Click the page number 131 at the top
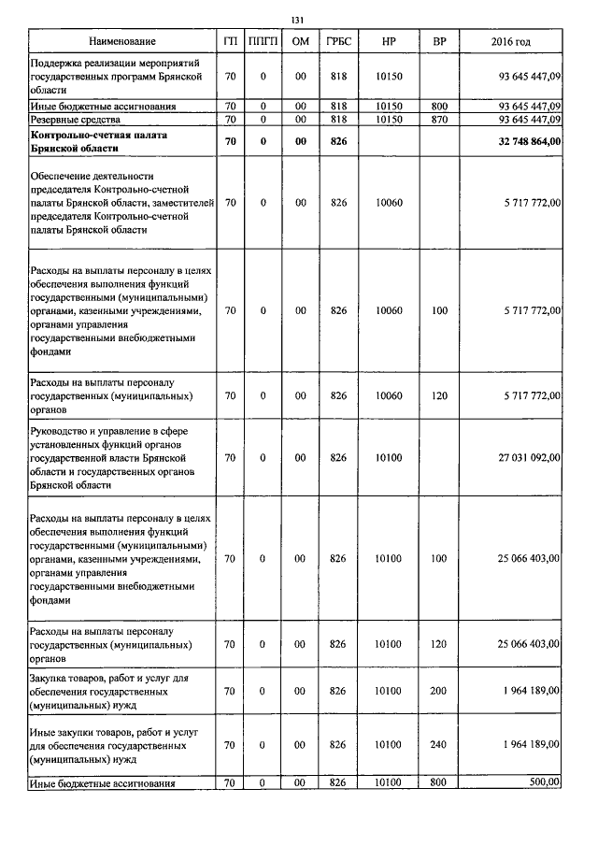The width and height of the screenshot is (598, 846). (x=298, y=20)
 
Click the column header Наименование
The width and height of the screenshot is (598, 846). (x=122, y=42)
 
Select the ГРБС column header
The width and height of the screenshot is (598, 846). (x=338, y=42)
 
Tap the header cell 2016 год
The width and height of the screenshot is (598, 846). (x=510, y=42)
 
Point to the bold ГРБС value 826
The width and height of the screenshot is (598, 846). (x=338, y=141)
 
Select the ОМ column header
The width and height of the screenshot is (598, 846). (x=300, y=42)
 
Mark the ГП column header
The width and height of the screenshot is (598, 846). (x=230, y=42)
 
